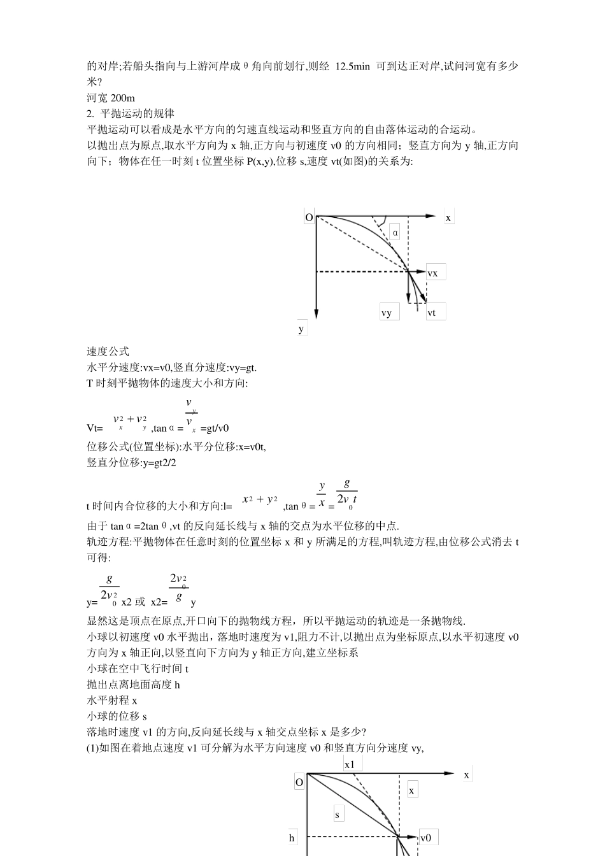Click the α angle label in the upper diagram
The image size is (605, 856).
click(395, 232)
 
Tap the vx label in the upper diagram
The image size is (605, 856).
click(432, 273)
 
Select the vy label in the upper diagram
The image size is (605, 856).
click(387, 312)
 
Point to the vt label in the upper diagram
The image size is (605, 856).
click(432, 312)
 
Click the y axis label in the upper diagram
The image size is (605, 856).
click(301, 329)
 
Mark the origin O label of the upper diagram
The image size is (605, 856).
click(309, 218)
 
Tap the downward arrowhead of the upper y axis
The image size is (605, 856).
click(316, 313)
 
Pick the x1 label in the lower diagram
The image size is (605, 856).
click(350, 764)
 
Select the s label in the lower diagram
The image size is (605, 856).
click(337, 814)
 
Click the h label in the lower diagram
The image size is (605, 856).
click(292, 838)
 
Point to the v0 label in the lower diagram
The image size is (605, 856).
click(426, 838)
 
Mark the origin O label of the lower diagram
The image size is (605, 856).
click(299, 782)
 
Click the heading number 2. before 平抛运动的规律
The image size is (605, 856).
click(90, 114)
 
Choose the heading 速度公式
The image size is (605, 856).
click(108, 352)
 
